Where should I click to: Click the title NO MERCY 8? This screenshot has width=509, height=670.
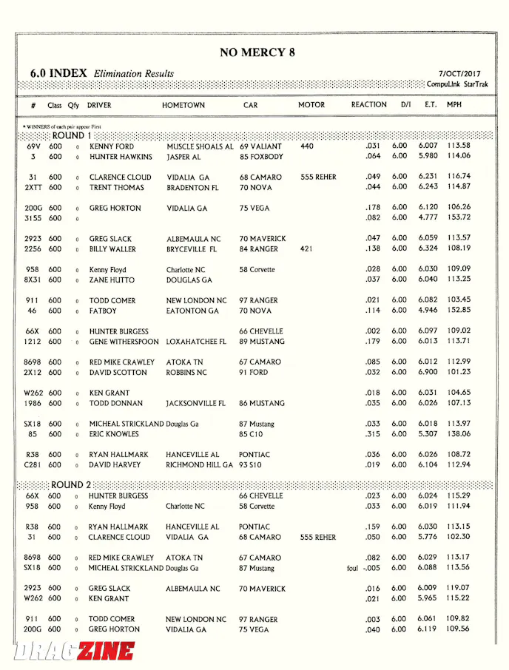tap(257, 53)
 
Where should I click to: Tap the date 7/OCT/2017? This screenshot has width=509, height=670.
tap(459, 74)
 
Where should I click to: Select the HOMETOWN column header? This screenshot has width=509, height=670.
tap(183, 105)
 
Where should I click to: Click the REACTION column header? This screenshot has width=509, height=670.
tap(368, 105)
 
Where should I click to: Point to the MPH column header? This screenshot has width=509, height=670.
tap(454, 105)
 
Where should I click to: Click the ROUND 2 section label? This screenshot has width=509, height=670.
tap(67, 485)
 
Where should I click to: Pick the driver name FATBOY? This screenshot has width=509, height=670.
tap(103, 311)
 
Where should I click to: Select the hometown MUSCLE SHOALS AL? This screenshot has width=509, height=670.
tap(200, 146)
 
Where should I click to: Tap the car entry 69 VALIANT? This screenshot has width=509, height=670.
tap(260, 146)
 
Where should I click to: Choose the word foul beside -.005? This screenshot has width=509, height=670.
tap(352, 569)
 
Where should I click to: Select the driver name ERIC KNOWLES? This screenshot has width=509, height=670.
tap(114, 434)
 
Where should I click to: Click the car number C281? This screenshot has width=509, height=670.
tap(33, 465)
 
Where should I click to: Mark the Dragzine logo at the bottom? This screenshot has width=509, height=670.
tap(74, 651)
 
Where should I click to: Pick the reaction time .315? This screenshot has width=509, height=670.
tap(372, 434)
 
